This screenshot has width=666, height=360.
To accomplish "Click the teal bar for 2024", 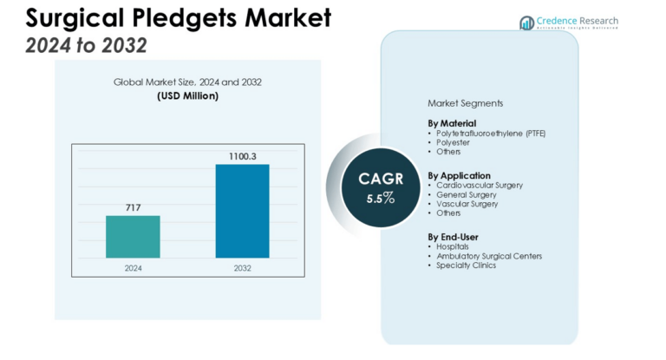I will (133, 237).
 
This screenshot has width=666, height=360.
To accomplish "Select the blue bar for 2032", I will (242, 211).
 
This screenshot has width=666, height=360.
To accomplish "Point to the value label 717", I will (133, 207).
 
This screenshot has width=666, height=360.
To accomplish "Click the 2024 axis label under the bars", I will (133, 268).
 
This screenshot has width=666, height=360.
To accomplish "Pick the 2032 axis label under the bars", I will (242, 268).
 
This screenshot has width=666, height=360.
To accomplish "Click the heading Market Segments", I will (465, 103).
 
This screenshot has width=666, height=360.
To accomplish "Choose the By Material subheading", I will (452, 123).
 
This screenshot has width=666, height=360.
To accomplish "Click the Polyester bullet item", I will (452, 142).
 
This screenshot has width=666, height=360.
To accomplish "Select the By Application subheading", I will (459, 174).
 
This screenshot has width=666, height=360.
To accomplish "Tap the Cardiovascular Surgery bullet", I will (479, 185).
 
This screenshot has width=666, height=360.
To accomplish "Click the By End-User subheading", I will (453, 236).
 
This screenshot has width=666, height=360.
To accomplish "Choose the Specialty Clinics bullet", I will (467, 265).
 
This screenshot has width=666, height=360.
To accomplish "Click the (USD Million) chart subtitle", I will (187, 95).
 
